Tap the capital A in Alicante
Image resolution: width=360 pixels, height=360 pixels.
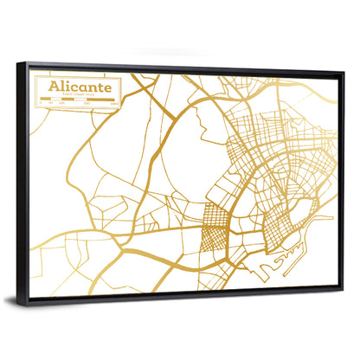pos(54,88)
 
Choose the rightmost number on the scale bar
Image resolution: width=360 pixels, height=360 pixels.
pos(115,105)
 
